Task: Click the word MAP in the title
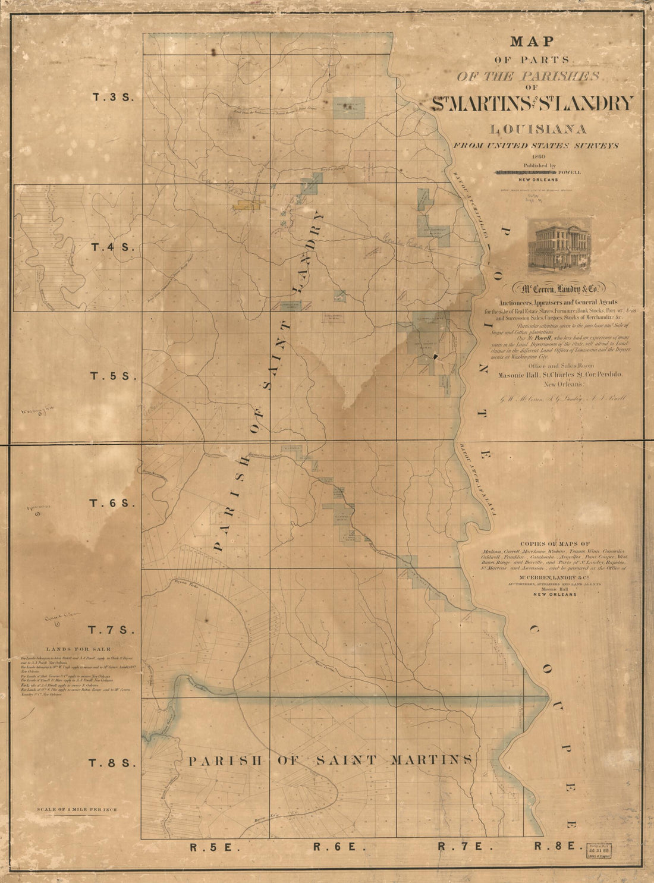click(532, 42)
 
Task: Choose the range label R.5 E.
click(206, 847)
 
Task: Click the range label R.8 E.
click(554, 847)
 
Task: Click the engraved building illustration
click(559, 243)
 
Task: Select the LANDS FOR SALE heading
click(78, 649)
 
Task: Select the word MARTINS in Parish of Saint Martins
click(432, 760)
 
